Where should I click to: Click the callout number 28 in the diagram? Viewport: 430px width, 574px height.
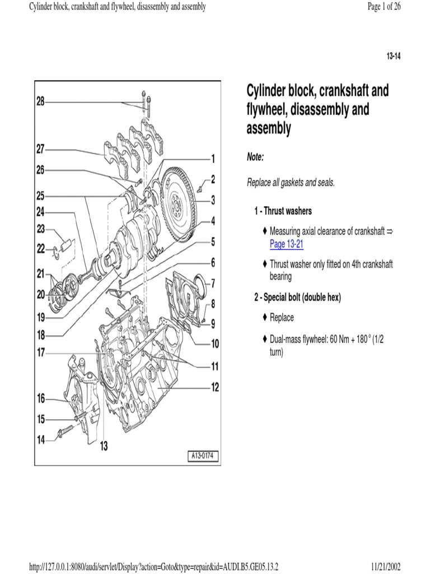(40, 101)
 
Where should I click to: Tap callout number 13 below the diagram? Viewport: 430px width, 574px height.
(104, 446)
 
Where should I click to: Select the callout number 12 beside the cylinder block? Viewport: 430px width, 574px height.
(215, 387)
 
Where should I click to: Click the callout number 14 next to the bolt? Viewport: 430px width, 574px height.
(41, 440)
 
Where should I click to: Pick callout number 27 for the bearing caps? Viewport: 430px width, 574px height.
(40, 150)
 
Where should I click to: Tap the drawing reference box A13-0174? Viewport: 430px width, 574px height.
(203, 455)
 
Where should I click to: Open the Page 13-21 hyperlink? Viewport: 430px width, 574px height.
(287, 244)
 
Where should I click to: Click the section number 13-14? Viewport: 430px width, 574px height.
(393, 57)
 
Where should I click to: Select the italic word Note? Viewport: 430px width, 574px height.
(255, 158)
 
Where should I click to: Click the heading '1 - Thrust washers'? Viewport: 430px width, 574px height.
(283, 211)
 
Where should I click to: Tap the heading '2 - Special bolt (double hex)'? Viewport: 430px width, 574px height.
(297, 297)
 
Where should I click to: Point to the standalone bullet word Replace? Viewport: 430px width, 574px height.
(282, 317)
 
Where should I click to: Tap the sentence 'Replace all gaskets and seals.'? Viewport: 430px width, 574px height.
(291, 183)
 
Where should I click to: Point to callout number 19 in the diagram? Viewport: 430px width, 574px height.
(41, 317)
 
